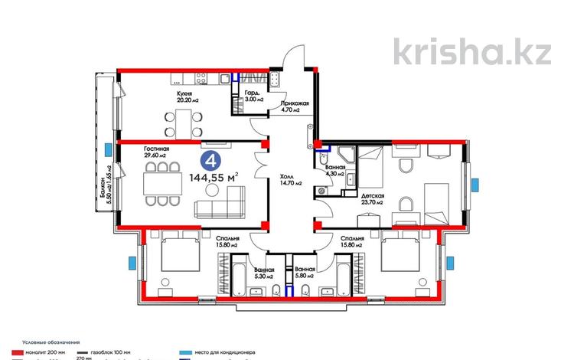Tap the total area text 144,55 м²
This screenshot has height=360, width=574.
pos(212,179)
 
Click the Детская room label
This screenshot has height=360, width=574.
pos(370,199)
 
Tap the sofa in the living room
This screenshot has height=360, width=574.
pos(223,206)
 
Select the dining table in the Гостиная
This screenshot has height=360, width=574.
pos(159,182)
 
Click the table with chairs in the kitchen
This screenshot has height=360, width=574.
pos(183,119)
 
